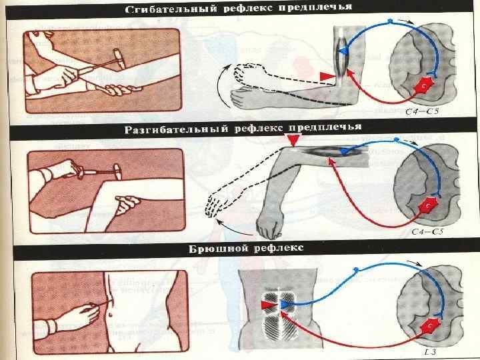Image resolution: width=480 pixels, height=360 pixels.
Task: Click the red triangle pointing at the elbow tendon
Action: point(325,78)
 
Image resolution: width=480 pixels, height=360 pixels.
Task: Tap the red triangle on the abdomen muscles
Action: point(268,305)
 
